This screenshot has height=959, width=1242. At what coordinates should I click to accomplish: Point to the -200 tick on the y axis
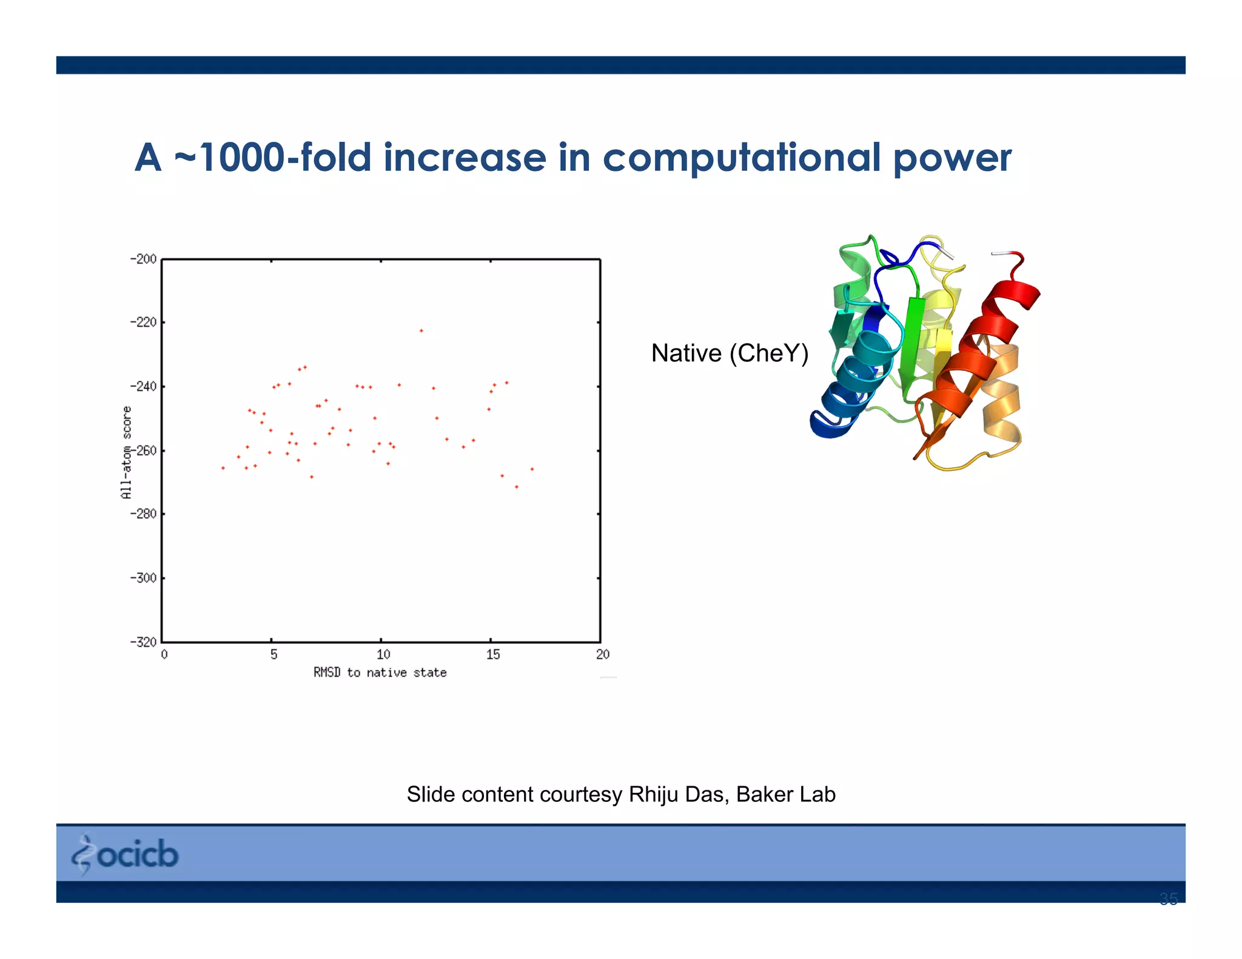[144, 259]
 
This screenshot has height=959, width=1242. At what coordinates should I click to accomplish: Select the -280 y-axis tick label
[144, 514]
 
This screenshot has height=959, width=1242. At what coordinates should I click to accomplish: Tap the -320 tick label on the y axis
[144, 642]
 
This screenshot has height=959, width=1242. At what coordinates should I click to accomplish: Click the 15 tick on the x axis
[492, 655]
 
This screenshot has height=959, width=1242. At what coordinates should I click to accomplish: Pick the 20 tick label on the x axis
[602, 655]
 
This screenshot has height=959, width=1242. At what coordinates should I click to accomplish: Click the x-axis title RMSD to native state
[380, 672]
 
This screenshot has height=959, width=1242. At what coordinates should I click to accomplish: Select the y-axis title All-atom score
[126, 452]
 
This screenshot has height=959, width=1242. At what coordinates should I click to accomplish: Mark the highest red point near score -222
[421, 331]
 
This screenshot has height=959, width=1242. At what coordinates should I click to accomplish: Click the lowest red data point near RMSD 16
[517, 487]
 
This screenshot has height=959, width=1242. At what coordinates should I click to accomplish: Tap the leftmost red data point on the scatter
[223, 468]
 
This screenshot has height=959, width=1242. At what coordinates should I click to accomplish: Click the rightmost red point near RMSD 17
[532, 469]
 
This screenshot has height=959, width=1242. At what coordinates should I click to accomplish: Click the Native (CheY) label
[730, 353]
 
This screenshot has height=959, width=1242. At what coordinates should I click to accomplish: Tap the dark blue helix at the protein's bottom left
[834, 418]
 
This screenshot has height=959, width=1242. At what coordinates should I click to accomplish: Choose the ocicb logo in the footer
[126, 855]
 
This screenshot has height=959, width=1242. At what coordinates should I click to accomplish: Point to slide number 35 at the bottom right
[1168, 899]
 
